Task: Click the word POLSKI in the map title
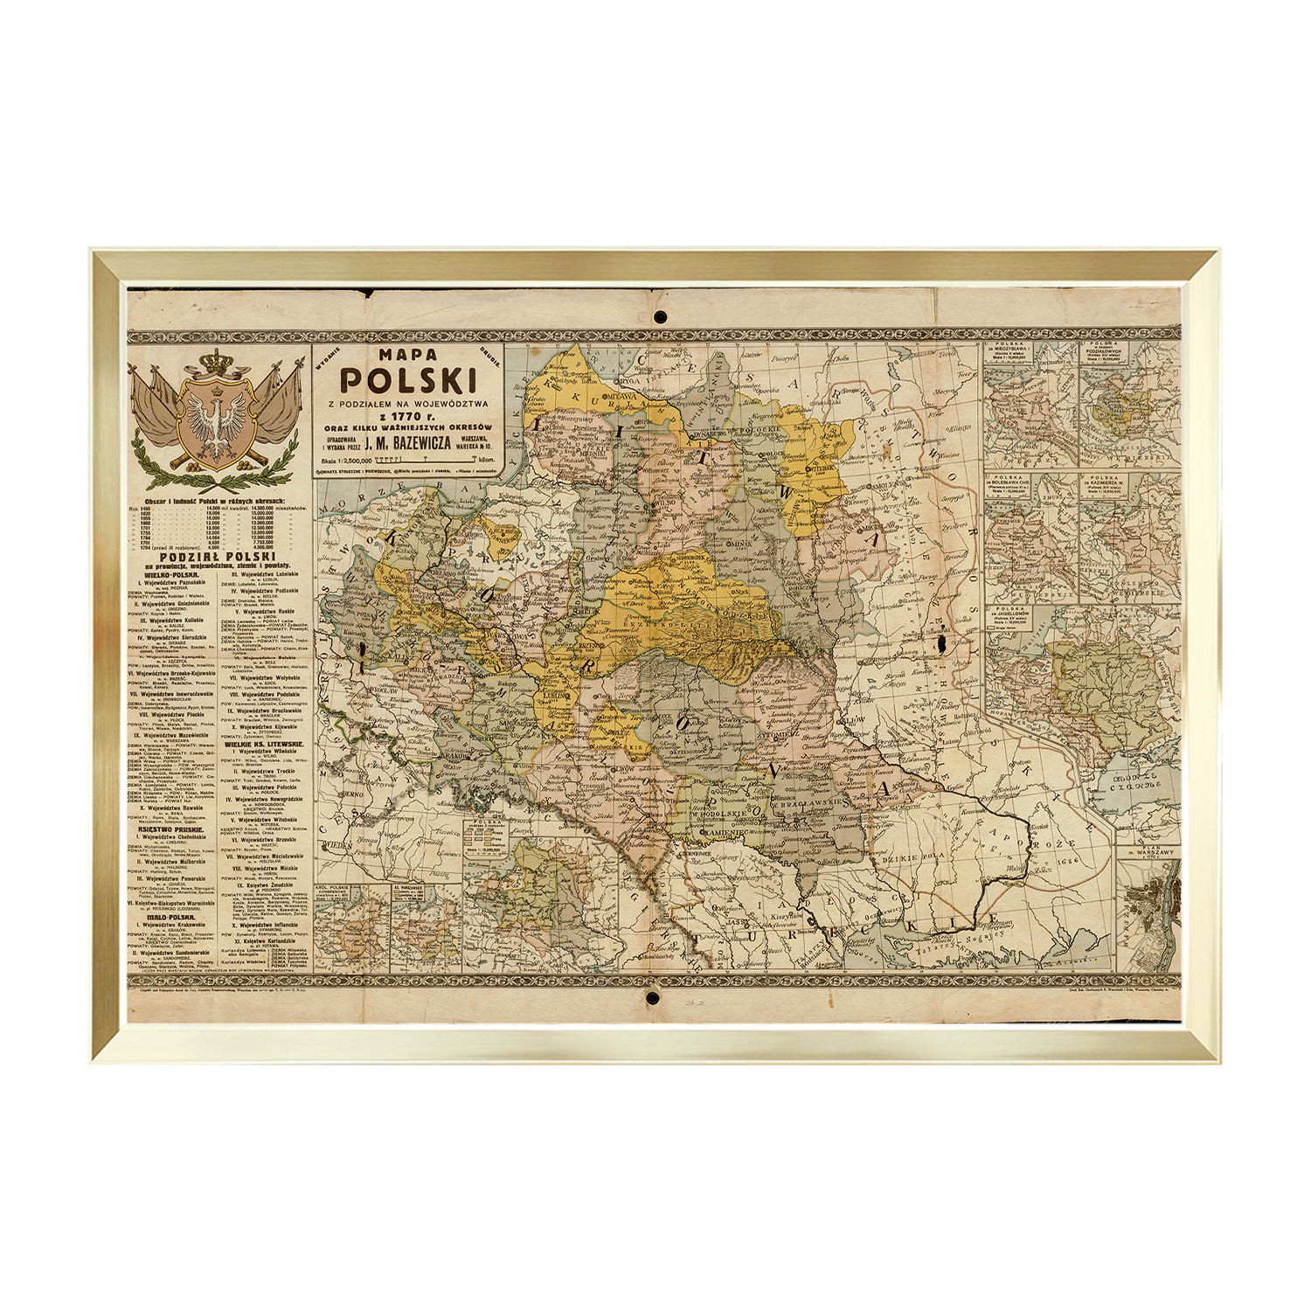click(x=407, y=380)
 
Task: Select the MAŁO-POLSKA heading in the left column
click(x=170, y=918)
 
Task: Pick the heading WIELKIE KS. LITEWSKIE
click(x=263, y=744)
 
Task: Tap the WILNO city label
click(x=670, y=505)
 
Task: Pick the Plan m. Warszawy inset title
click(x=1148, y=853)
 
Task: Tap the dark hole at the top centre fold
click(x=660, y=315)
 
